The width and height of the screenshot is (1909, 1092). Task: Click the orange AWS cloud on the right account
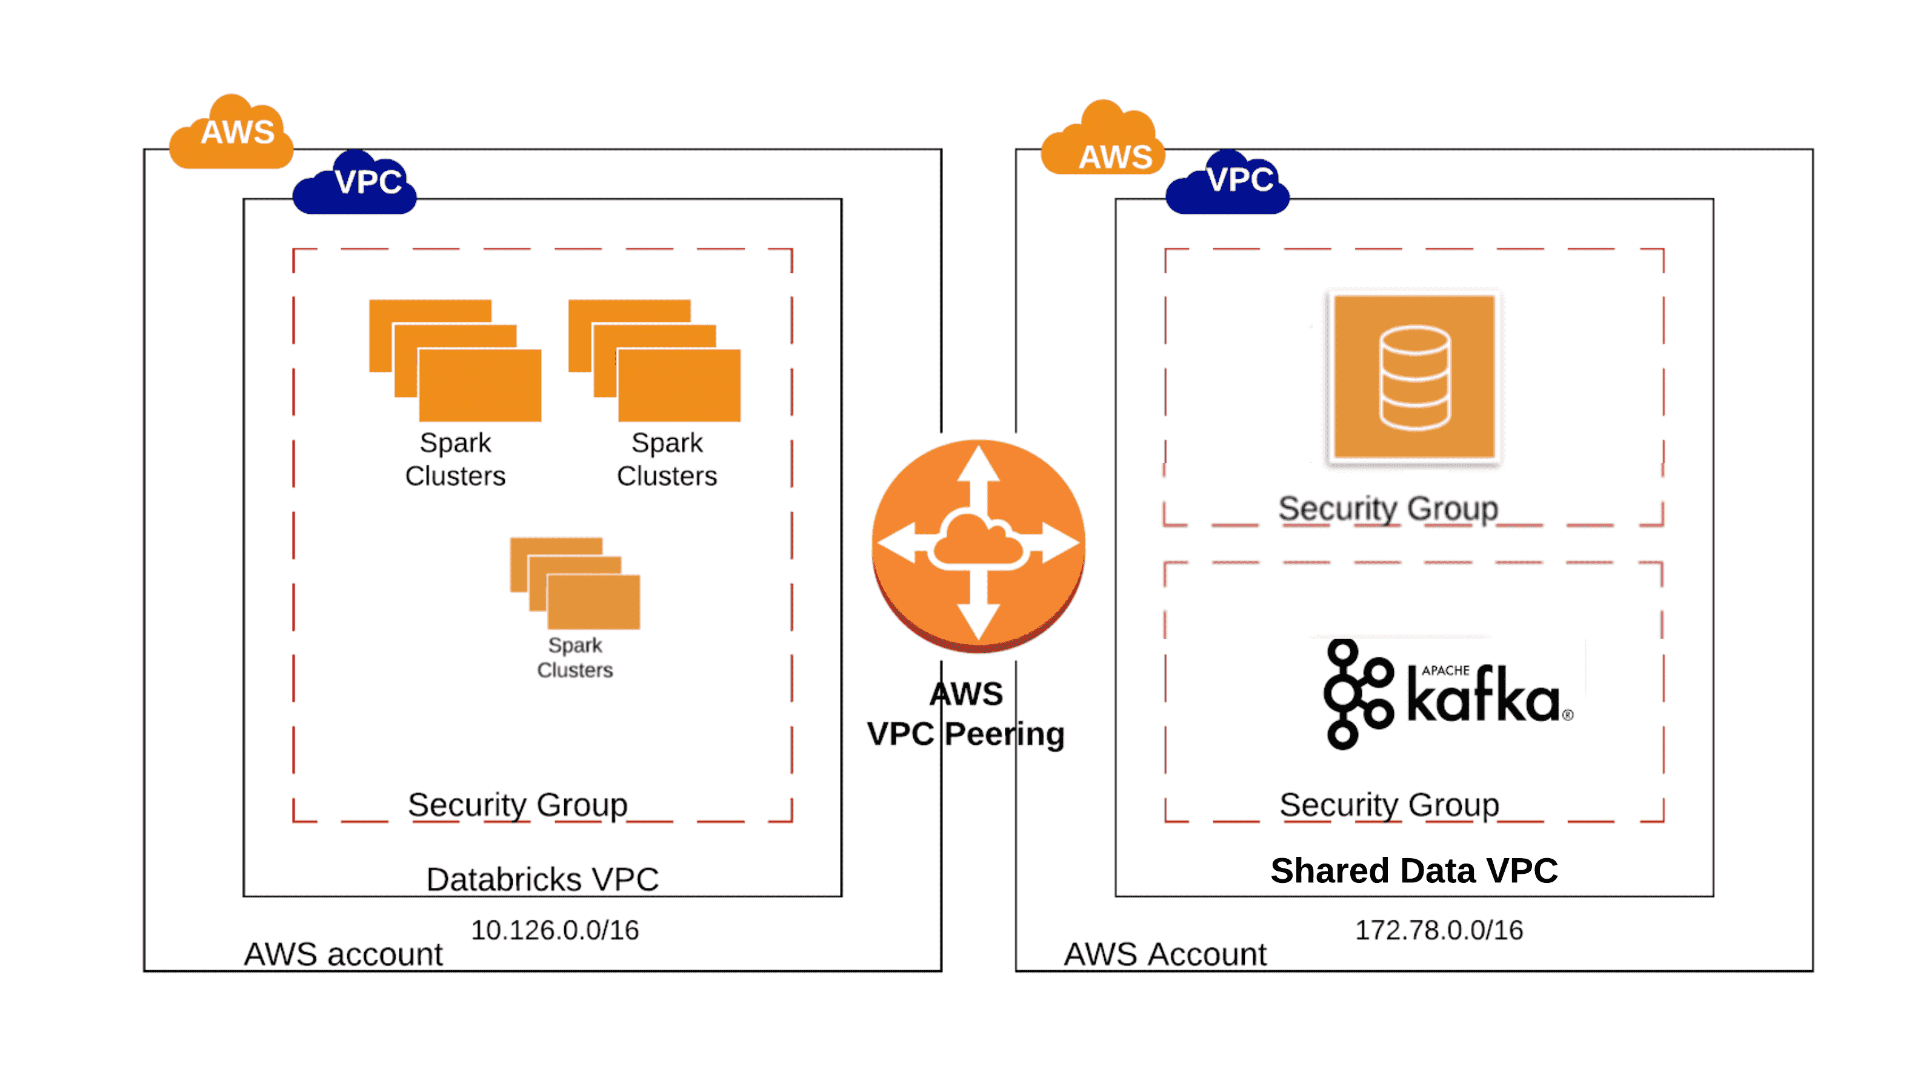coord(1103,139)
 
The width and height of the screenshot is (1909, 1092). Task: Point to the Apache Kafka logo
coord(1447,694)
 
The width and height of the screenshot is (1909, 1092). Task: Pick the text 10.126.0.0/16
coord(555,930)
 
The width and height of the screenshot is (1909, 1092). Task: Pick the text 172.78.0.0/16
coord(1439,930)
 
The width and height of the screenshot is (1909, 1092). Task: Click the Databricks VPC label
coord(542,879)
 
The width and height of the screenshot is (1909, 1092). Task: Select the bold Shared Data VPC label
coord(1414,871)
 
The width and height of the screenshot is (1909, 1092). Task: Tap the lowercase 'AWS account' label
coord(344,954)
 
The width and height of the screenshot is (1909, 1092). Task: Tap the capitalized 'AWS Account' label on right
coord(1165,954)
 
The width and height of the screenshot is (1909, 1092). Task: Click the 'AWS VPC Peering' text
coord(966,714)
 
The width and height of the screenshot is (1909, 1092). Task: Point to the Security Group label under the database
coord(1388,508)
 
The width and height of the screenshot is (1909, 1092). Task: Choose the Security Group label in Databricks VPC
coord(518,805)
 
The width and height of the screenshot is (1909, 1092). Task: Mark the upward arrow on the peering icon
coord(979,469)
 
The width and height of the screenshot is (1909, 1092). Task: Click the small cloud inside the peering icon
coord(978,540)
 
